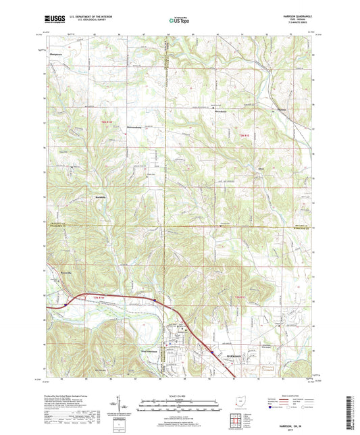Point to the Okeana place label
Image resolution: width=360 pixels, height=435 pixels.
279,110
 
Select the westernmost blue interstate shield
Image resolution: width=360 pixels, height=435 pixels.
65,304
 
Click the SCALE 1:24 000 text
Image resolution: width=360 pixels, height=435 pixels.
179,396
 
